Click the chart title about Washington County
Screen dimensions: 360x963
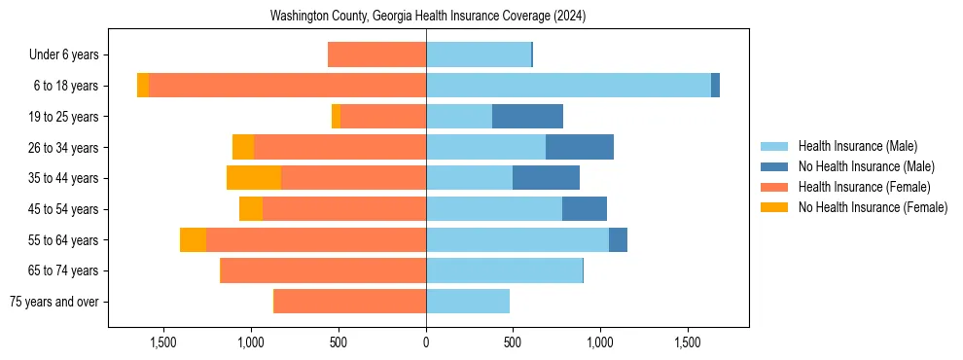point(428,17)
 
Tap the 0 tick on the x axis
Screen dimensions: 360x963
point(426,342)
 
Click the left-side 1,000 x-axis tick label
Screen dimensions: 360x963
point(252,342)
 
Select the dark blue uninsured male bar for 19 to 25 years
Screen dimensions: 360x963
point(527,117)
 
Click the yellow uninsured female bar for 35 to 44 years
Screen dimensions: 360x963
point(254,178)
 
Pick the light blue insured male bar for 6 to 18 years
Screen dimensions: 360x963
point(568,86)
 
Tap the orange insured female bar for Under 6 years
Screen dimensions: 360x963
point(376,55)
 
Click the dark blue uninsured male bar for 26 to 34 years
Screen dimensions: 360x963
point(580,147)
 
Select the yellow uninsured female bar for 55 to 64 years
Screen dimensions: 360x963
point(193,239)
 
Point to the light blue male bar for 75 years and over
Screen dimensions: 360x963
point(468,302)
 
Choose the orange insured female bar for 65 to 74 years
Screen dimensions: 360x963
point(324,270)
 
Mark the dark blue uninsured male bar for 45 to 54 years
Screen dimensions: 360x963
point(585,208)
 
